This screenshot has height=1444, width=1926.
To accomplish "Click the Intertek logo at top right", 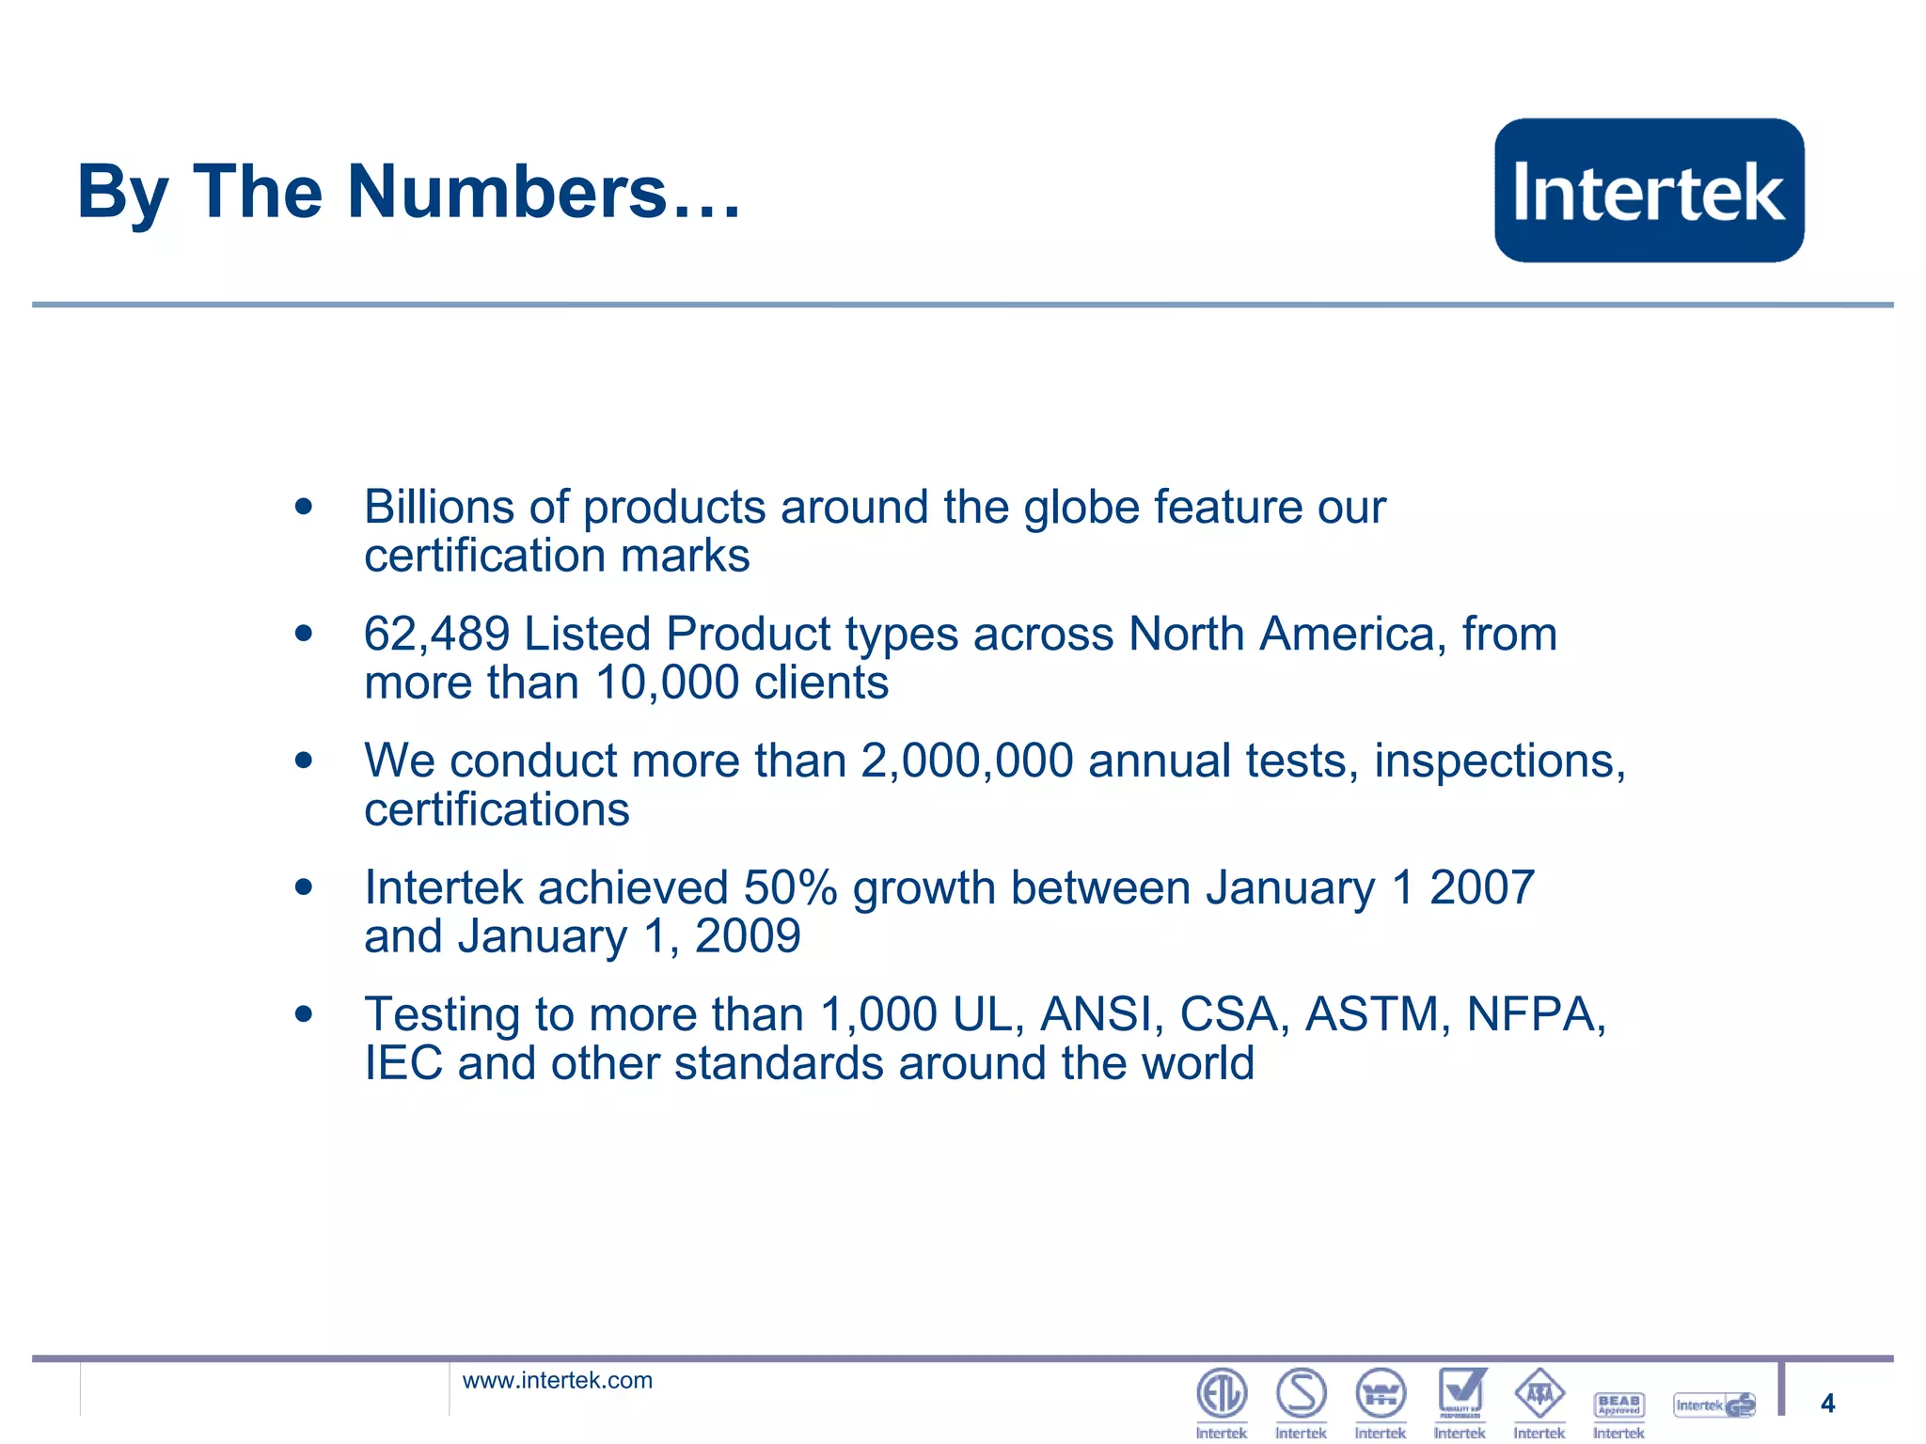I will pos(1649,190).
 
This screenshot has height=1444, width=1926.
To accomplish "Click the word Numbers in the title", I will pos(507,192).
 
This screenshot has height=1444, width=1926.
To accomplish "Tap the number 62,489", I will pos(436,634).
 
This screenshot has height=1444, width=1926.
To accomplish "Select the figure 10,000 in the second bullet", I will pos(667,683).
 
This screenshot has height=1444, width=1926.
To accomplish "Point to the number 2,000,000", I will pos(967,761).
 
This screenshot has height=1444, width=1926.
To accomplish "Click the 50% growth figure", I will pos(790,887).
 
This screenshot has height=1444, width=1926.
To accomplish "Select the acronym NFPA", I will pos(1535,1014).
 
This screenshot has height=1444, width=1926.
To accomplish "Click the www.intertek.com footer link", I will pos(557,1380).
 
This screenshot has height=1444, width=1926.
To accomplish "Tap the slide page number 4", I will pos(1827,1404).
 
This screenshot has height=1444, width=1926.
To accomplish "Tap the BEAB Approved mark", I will pos(1619,1405).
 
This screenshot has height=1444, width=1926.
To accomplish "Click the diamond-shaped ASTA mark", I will pos(1539,1393).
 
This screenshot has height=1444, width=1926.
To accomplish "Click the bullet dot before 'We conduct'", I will pos(303,760).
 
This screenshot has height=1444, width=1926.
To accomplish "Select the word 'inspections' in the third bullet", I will pos(1499,761).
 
